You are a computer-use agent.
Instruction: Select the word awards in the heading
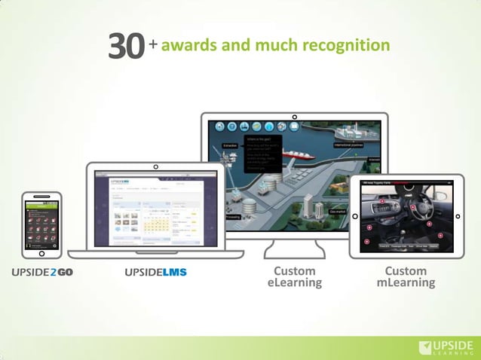pos(188,45)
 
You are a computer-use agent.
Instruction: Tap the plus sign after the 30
pos(153,44)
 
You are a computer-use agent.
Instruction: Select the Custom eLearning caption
pos(294,276)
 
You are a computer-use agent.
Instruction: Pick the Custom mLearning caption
pos(406,276)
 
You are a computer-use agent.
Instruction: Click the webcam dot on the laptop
pos(155,166)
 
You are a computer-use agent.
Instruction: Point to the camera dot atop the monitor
pos(295,117)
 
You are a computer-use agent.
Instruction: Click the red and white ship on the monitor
pos(302,154)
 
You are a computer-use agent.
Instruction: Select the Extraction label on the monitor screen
pos(230,145)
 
